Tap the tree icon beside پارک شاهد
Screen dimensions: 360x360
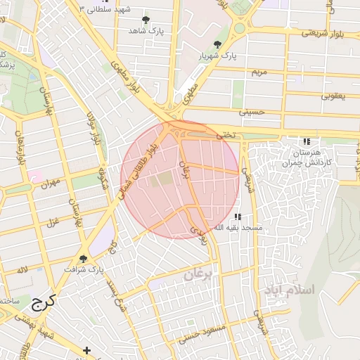[x=146, y=20]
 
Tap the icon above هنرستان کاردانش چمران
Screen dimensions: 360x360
[x=306, y=141]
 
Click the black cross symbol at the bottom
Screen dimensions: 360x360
[x=86, y=349]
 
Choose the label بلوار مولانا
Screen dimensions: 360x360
[x=96, y=128]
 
